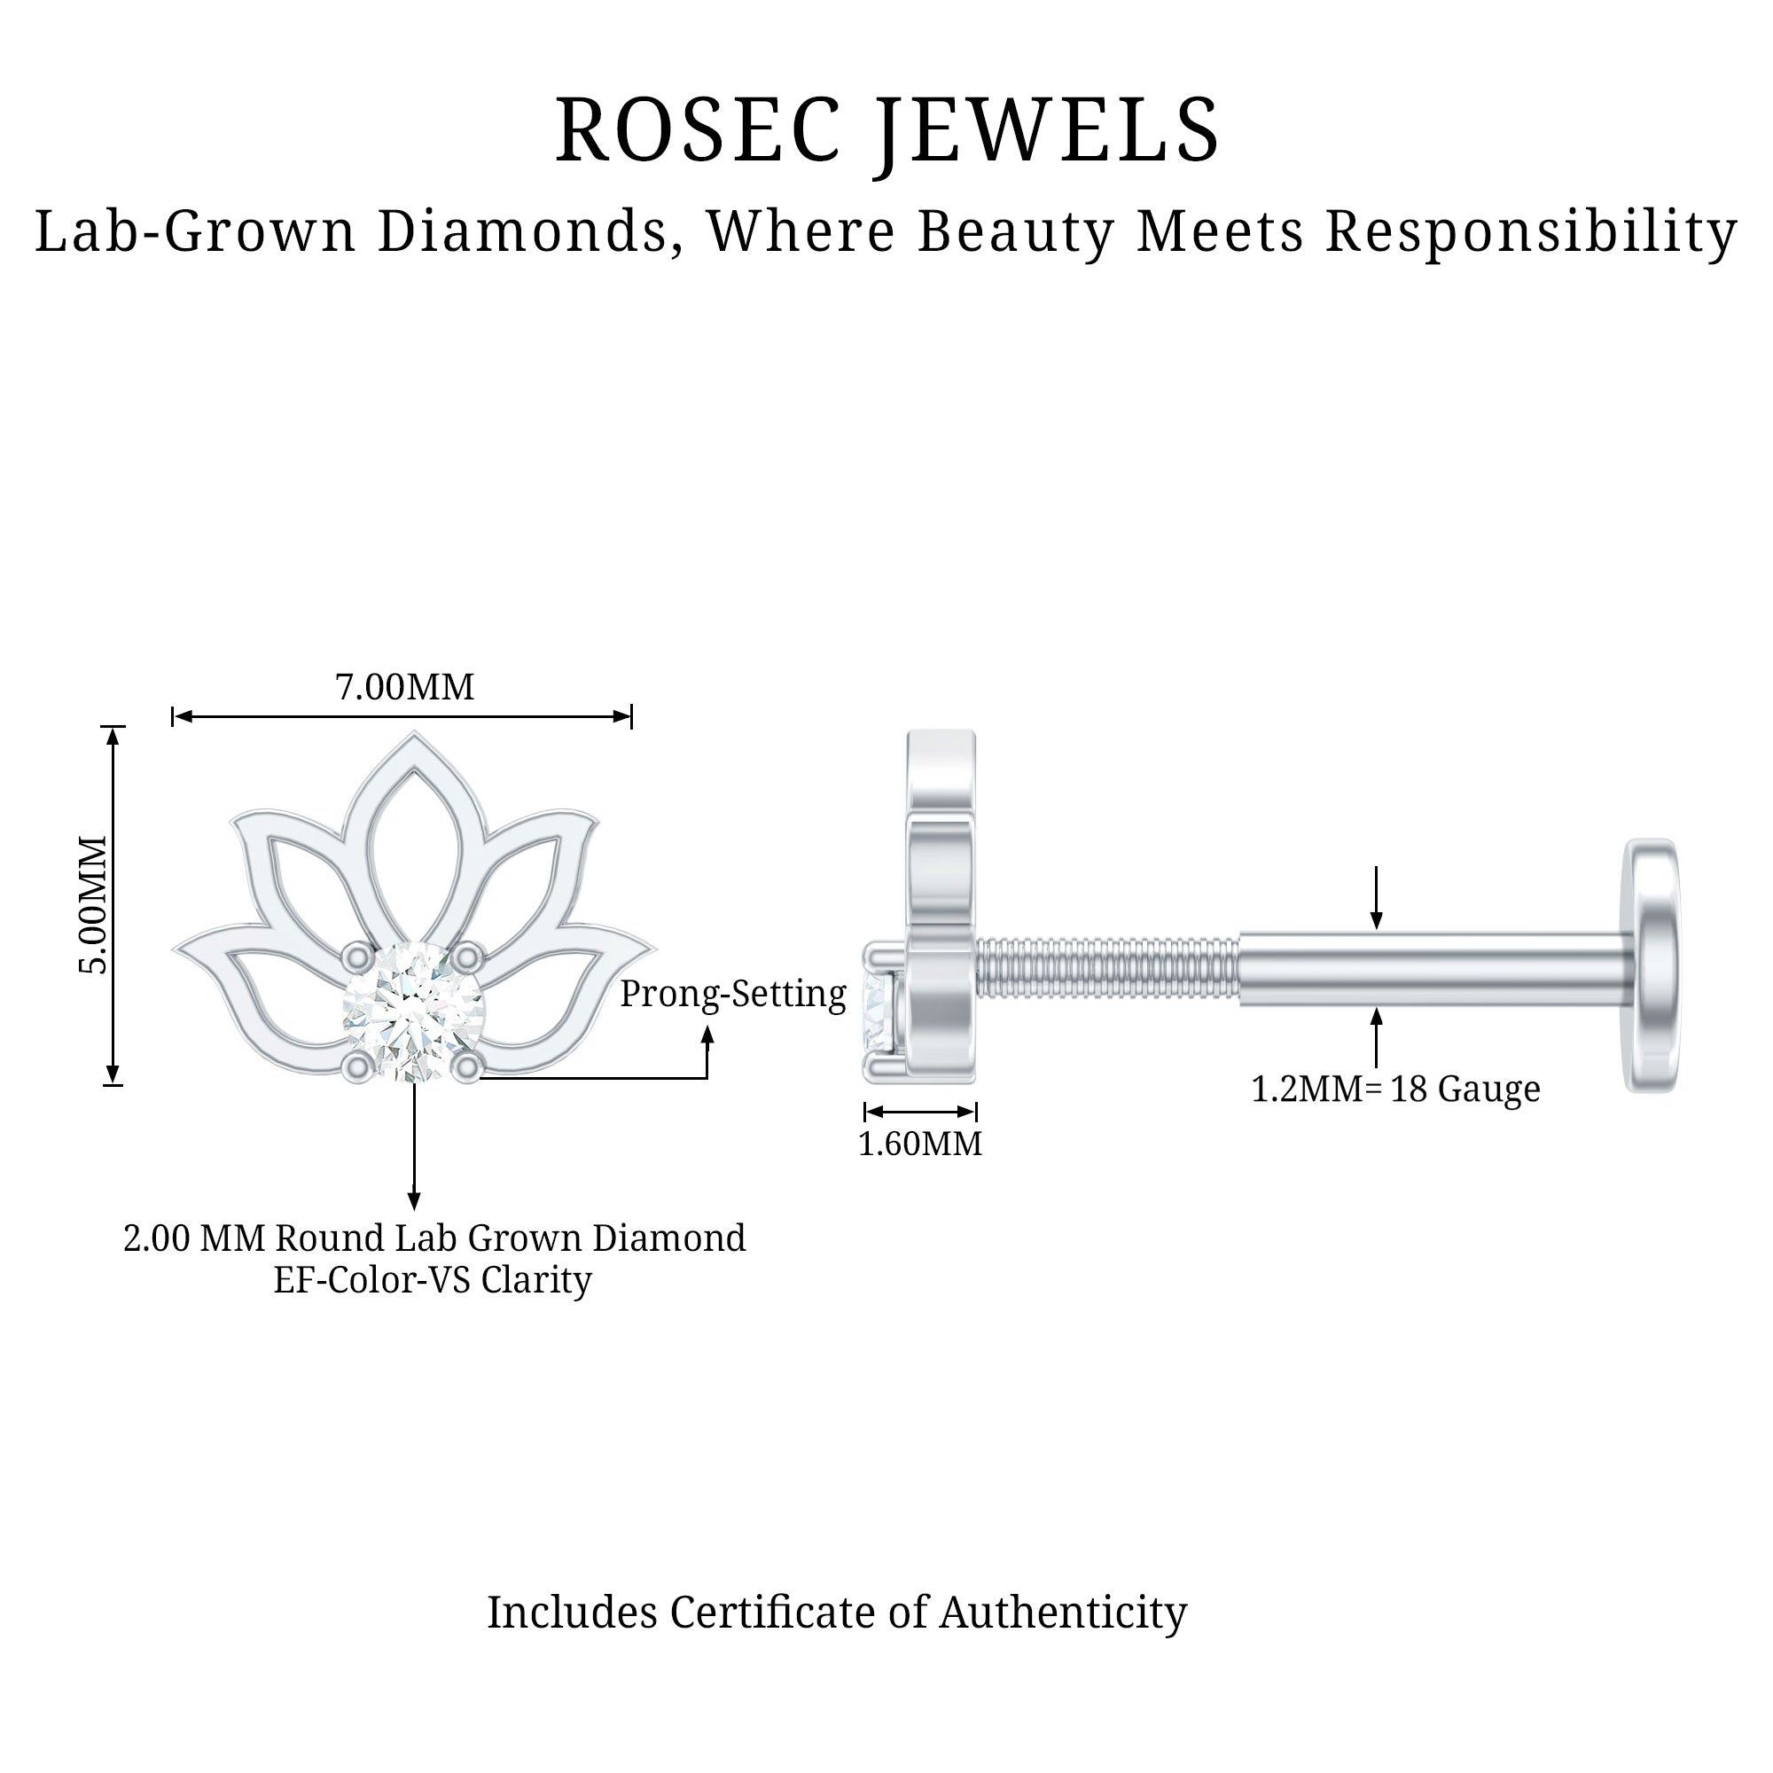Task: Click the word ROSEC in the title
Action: pos(699,130)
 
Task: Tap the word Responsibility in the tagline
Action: pos(1531,231)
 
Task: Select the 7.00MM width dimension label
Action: pos(405,687)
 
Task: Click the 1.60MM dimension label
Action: pos(919,1144)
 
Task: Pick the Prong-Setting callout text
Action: pos(732,994)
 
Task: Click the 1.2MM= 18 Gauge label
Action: pos(1394,1090)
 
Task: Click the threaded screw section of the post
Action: pos(1109,967)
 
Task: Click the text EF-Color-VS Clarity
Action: pos(433,1280)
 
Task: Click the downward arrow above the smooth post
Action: pos(1376,918)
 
